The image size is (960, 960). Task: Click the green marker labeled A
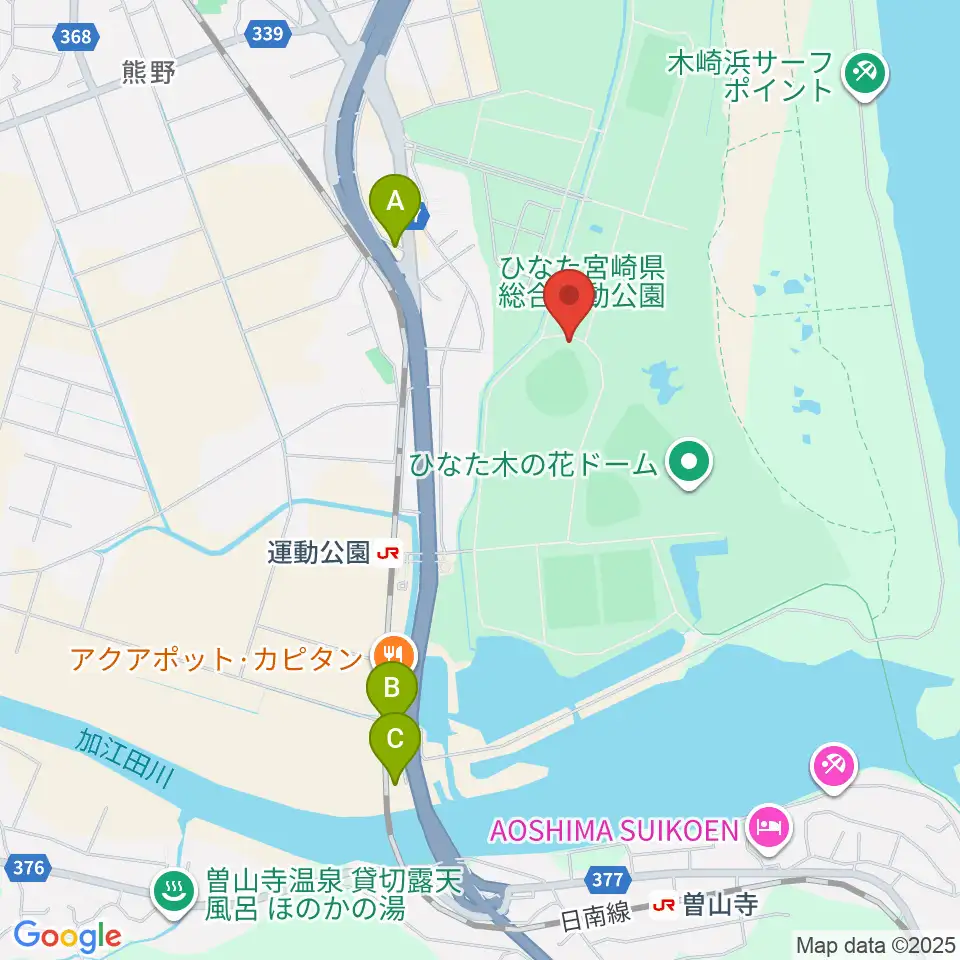(x=395, y=202)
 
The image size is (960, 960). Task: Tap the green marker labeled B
(x=393, y=688)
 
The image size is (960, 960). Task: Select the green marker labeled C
(x=395, y=740)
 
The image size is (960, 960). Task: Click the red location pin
(x=571, y=297)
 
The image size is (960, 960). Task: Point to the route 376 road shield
(x=29, y=867)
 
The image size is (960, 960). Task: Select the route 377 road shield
(x=608, y=881)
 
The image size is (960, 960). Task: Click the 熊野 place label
(x=148, y=74)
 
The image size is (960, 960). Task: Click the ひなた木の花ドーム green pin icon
(x=689, y=463)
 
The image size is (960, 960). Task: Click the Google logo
(x=67, y=936)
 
